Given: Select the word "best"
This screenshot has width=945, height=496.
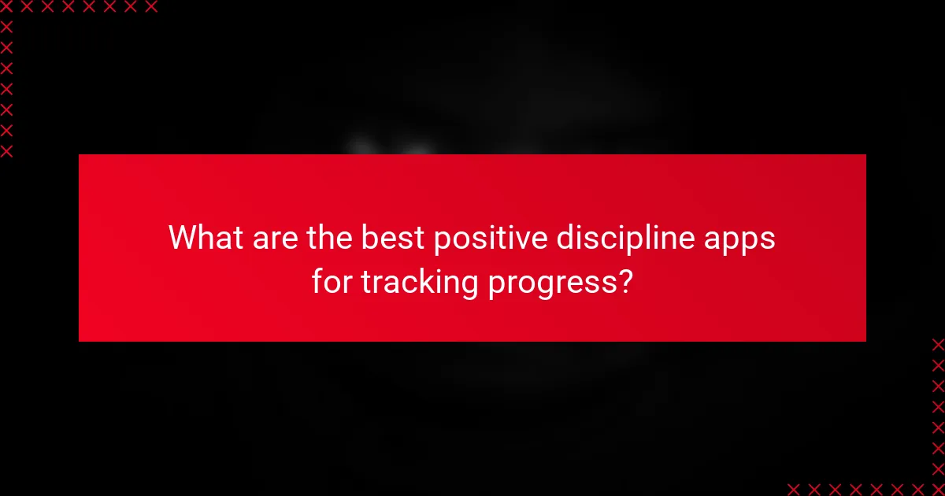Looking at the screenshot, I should (390, 238).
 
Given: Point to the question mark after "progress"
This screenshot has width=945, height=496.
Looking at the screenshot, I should (624, 282).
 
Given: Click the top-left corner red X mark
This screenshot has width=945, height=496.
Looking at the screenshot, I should (7, 7).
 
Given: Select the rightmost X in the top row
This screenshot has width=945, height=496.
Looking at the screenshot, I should (150, 7).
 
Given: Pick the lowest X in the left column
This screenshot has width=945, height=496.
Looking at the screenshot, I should (7, 150).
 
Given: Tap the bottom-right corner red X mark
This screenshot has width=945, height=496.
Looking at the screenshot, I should (937, 488).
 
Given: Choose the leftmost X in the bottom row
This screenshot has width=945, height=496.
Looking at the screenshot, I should (794, 488).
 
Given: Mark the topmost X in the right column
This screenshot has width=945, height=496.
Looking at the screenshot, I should (937, 345).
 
